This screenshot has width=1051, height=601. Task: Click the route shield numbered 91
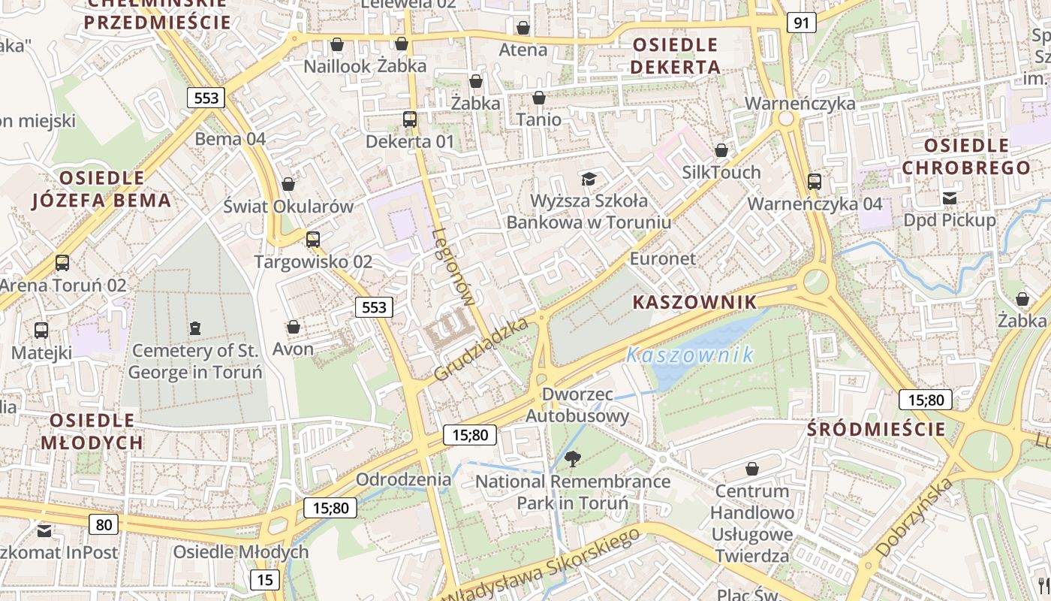click(802, 23)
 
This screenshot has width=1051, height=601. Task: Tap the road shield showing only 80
click(104, 524)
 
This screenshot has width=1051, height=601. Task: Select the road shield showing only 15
click(264, 579)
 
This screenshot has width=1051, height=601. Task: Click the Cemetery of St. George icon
click(195, 328)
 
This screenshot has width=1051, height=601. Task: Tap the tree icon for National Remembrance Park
click(573, 458)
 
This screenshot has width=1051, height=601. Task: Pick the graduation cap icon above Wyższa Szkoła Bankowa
click(589, 179)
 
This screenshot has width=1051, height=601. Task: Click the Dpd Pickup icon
click(950, 198)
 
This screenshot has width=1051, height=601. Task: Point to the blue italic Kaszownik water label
click(690, 355)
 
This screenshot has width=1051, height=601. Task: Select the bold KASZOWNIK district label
click(694, 302)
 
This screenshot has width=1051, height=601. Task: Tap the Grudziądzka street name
click(481, 349)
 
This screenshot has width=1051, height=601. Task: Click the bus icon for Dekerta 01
click(410, 119)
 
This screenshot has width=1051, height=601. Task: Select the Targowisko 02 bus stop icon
click(313, 240)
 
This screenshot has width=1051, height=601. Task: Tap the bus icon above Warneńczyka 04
click(815, 181)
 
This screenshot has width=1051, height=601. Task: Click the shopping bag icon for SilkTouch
click(721, 150)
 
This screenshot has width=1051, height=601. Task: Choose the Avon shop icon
click(294, 327)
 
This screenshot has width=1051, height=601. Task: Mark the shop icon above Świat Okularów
click(288, 184)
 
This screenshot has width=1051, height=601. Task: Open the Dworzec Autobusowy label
click(577, 405)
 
